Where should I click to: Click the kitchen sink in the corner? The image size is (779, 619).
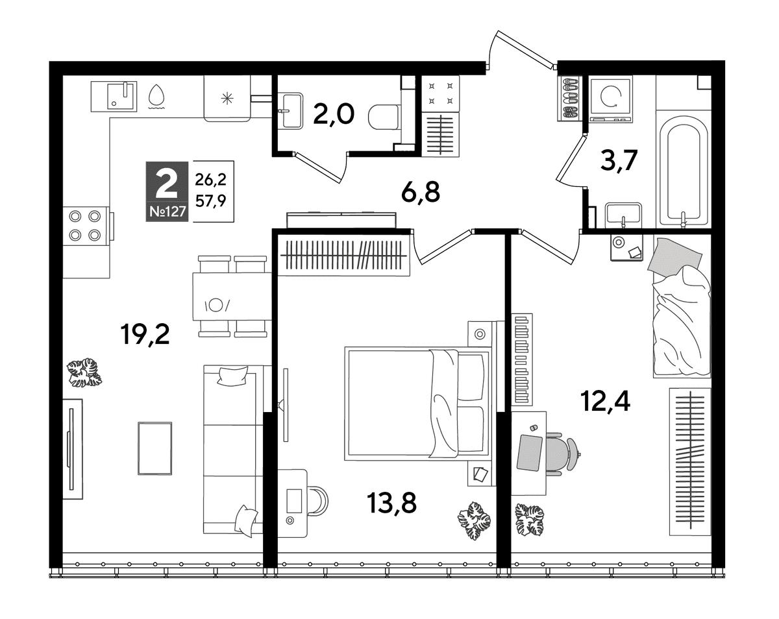114,96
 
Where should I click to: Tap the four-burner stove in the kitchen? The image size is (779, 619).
86,226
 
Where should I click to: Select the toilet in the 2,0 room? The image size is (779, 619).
384,117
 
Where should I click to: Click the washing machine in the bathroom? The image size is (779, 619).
611,99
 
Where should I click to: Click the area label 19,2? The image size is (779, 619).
145,334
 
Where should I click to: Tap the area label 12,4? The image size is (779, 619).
605,401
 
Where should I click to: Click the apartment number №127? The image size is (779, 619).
167,212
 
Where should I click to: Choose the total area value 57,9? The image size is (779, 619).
210,200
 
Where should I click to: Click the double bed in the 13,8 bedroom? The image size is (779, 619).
417,404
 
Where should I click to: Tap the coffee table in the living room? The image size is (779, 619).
155,448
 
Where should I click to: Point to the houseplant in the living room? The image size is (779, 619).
84,373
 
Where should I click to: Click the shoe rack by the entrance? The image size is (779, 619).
569,99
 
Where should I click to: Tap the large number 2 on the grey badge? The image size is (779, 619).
167,185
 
